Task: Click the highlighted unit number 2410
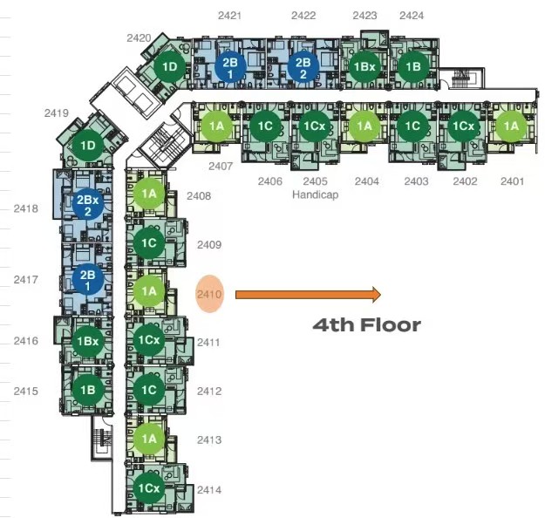point(209,295)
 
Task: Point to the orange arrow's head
point(377,295)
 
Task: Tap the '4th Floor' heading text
point(367,325)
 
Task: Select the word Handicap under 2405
point(316,194)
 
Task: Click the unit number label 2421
point(229,16)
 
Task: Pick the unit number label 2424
point(412,16)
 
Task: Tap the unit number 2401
point(512,181)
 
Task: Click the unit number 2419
point(57,113)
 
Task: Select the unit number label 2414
point(209,490)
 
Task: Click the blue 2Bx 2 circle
point(88,205)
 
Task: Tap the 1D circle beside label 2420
point(170,67)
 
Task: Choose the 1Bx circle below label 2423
point(364,67)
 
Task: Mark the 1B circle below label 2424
point(413,67)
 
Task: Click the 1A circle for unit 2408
point(149,194)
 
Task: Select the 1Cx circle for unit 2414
point(149,488)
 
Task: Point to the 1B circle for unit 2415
point(88,390)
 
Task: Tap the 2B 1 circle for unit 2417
point(88,280)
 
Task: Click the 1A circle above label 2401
point(511,126)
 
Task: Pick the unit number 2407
point(221,167)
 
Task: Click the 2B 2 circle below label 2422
point(303,67)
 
